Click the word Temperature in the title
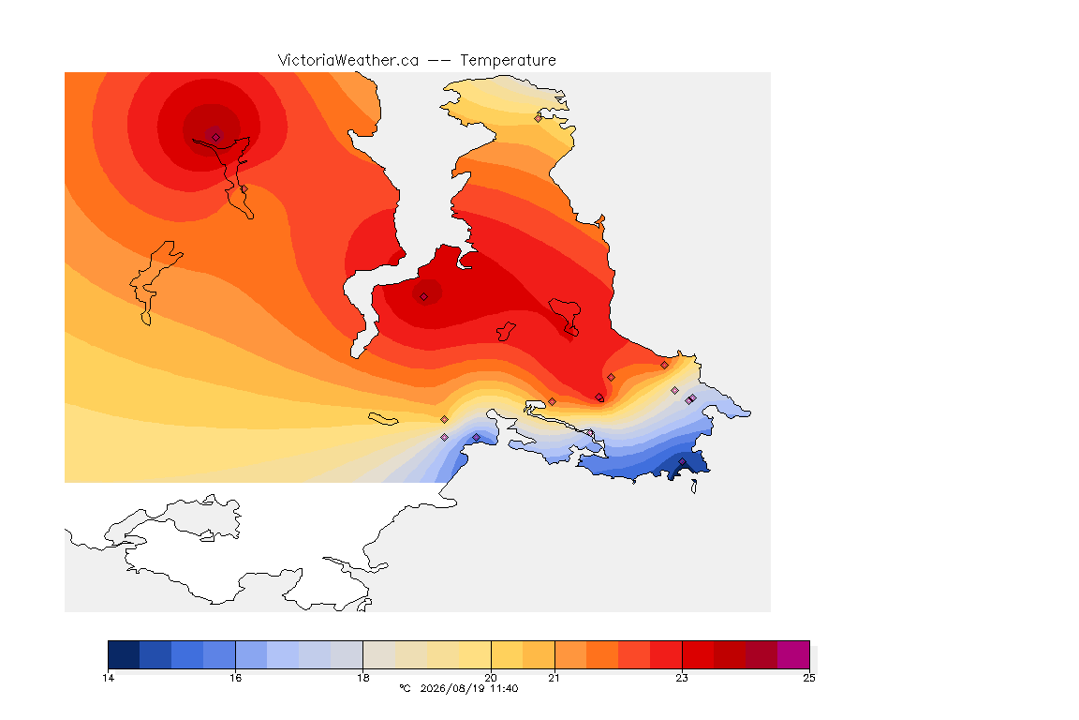[508, 61]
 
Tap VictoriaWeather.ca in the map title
[348, 61]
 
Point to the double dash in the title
[439, 61]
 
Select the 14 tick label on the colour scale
[108, 678]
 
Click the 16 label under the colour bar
[235, 678]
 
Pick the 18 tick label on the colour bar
[362, 678]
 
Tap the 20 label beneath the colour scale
[491, 678]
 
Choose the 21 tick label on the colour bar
[554, 678]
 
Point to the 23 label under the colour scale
[681, 678]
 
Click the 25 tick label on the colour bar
[809, 678]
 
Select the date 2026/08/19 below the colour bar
[452, 688]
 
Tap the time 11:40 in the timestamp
[504, 688]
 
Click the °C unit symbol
[405, 688]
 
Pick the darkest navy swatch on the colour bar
[124, 654]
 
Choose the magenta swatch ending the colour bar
[793, 654]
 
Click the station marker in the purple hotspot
[216, 137]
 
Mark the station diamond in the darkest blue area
[682, 462]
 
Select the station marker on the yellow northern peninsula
[539, 118]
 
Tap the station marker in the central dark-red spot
[424, 297]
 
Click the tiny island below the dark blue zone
[694, 487]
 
